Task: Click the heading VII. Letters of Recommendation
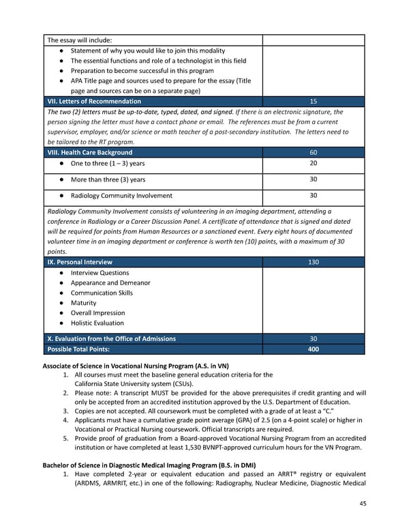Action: tap(94, 101)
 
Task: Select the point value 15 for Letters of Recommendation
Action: tap(313, 101)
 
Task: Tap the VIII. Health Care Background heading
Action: tap(89, 152)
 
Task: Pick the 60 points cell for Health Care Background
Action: tap(313, 152)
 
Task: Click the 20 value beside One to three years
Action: tap(313, 163)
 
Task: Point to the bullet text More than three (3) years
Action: tap(108, 180)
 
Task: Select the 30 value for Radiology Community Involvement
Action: tap(313, 196)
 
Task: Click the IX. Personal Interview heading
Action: tap(80, 262)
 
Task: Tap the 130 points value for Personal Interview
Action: tap(313, 262)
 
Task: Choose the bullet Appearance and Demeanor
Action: tap(110, 283)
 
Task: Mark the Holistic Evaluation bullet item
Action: tap(97, 323)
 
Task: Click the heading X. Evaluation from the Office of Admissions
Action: tap(111, 338)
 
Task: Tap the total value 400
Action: tap(313, 349)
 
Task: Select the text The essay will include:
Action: tap(79, 39)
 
